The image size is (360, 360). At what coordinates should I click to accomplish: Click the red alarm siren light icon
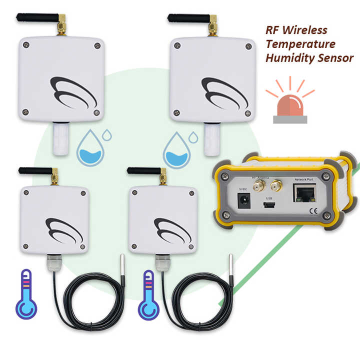(x=289, y=105)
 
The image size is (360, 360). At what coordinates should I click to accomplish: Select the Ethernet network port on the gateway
(x=306, y=193)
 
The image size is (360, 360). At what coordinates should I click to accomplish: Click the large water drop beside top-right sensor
(x=177, y=149)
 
